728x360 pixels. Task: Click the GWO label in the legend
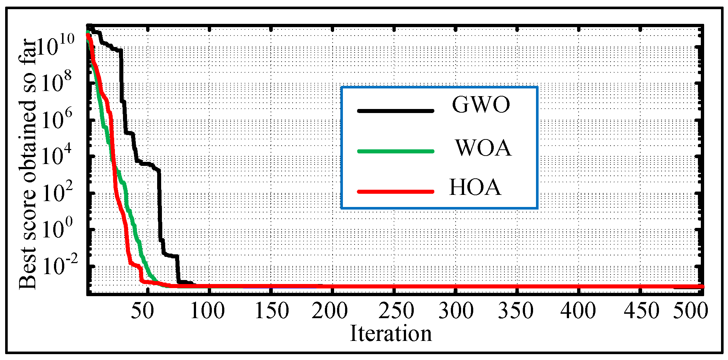click(481, 105)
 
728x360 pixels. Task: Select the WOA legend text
click(483, 148)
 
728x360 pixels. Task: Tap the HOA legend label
click(475, 188)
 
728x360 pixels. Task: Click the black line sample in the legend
click(395, 110)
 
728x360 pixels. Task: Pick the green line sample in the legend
click(395, 151)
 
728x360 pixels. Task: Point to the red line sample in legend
click(395, 191)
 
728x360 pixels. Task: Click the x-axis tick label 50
click(142, 311)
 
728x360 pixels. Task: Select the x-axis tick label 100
click(207, 311)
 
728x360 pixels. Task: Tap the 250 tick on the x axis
click(396, 311)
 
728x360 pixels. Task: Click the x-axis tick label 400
click(578, 311)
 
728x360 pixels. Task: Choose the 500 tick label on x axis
click(690, 311)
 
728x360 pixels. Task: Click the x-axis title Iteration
click(391, 334)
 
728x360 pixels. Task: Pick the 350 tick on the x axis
click(515, 311)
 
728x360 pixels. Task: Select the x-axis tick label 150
click(272, 311)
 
